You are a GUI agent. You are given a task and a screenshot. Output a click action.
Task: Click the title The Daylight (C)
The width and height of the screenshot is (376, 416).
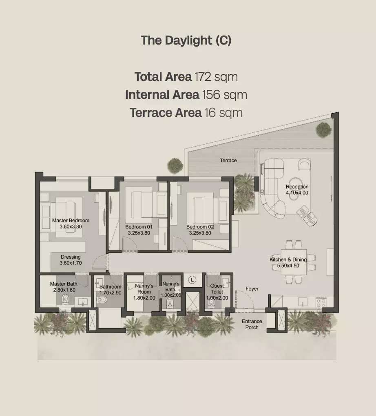tap(186, 40)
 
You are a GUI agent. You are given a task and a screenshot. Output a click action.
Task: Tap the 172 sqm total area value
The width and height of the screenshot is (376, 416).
tap(216, 77)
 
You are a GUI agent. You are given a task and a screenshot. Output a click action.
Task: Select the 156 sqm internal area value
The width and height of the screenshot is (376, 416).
tap(225, 95)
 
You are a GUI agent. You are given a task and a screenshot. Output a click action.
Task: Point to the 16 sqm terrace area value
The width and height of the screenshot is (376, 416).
tap(223, 113)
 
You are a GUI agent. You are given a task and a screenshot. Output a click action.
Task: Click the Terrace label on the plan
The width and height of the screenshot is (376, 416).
tap(228, 161)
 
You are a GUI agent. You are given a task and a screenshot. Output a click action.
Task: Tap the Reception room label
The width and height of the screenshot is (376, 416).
tap(297, 187)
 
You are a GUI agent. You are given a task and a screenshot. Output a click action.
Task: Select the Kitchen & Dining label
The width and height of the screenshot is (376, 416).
tap(288, 259)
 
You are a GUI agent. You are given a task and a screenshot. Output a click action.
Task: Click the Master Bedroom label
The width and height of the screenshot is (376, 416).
tap(71, 221)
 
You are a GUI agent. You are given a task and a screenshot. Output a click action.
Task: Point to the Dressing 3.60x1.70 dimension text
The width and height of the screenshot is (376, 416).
tap(71, 263)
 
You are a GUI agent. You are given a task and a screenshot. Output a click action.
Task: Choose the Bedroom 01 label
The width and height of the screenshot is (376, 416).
tap(139, 227)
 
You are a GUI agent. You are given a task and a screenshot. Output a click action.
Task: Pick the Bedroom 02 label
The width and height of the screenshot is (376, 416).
tap(200, 227)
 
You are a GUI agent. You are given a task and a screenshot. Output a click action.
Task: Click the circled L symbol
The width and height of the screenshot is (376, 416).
tap(192, 280)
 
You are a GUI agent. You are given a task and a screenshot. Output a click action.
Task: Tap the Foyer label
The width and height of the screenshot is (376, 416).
tap(252, 289)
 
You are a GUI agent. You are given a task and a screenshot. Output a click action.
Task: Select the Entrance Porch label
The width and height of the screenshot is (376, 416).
tap(252, 324)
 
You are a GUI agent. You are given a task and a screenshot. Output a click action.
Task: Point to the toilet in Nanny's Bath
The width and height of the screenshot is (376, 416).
tap(170, 302)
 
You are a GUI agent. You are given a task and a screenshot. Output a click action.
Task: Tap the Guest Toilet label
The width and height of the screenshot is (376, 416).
tap(217, 289)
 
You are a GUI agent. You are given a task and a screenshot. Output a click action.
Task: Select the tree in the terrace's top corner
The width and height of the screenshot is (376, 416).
tap(323, 130)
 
